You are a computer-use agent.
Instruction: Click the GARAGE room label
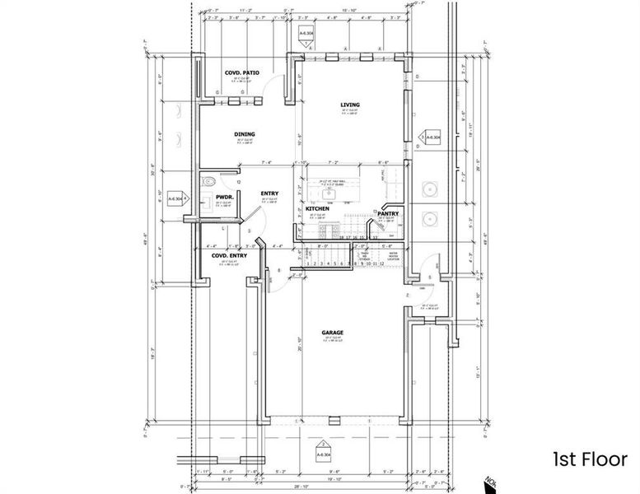333,333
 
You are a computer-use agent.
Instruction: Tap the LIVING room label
352,105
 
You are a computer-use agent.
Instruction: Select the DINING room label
244,134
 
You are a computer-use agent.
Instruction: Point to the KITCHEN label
318,209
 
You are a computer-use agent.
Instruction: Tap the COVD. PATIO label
242,73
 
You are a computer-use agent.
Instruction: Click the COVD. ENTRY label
229,256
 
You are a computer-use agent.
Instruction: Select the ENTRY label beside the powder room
269,193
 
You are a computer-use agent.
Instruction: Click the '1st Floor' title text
590,459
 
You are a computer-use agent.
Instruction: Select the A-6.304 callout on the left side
176,198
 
